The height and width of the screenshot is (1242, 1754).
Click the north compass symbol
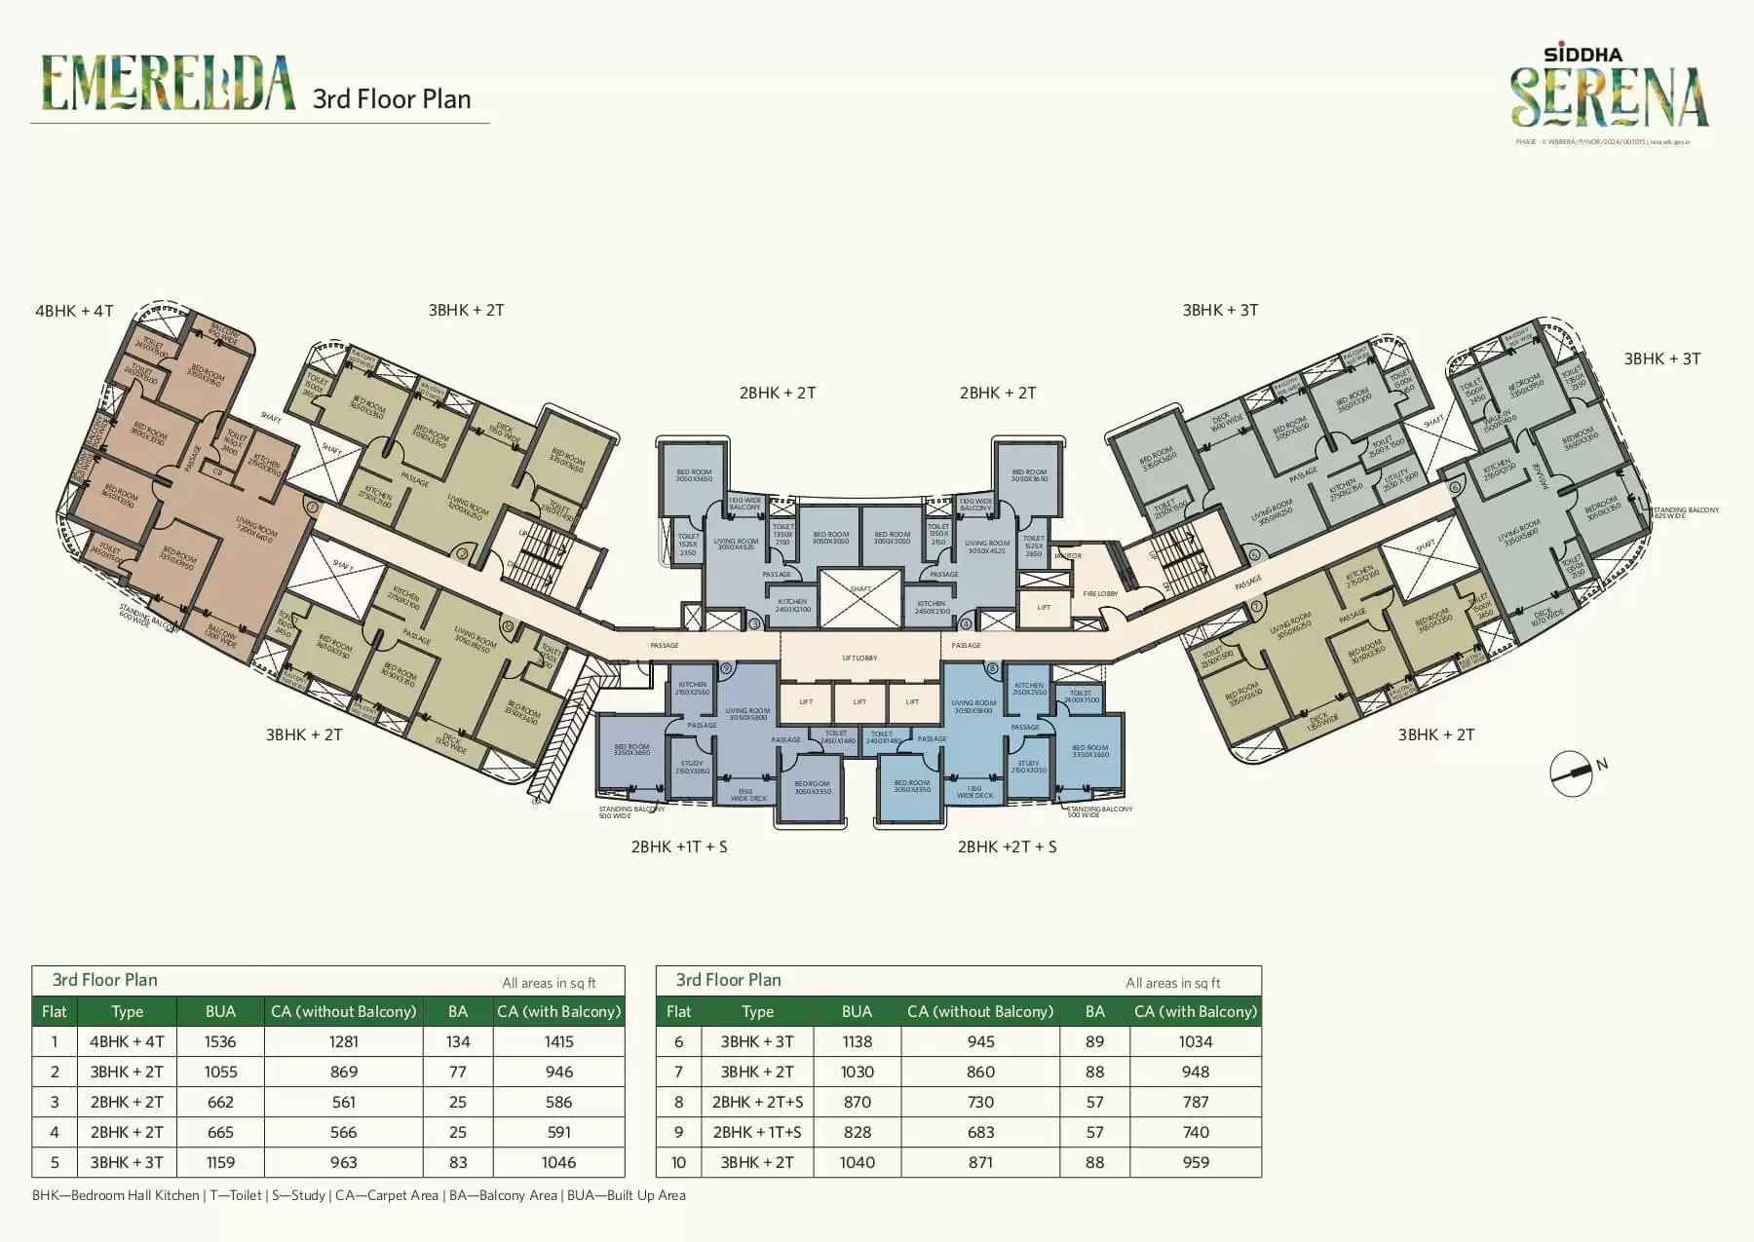[1571, 773]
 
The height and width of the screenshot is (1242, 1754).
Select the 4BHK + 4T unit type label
[74, 311]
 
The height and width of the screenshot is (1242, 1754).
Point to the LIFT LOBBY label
[859, 659]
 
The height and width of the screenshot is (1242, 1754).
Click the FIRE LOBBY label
[1100, 593]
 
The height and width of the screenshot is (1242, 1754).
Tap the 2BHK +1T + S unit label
[679, 847]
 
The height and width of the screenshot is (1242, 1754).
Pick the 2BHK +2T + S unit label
[1007, 847]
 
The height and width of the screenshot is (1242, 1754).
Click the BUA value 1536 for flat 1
[220, 1041]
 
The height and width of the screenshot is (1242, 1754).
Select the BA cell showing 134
[458, 1041]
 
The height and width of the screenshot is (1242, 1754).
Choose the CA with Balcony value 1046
[558, 1162]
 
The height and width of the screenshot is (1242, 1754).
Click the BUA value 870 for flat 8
[857, 1102]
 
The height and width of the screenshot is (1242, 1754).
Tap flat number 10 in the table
[678, 1162]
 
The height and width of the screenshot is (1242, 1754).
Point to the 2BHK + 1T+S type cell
[757, 1132]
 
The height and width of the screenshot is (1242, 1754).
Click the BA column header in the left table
[458, 1011]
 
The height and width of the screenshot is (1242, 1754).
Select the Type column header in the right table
[757, 1011]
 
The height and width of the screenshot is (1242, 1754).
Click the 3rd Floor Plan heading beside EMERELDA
[392, 99]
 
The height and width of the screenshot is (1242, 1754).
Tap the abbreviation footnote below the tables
[359, 1195]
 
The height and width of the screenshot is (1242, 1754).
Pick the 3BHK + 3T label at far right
[1661, 358]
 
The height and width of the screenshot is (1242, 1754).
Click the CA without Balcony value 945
[980, 1041]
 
